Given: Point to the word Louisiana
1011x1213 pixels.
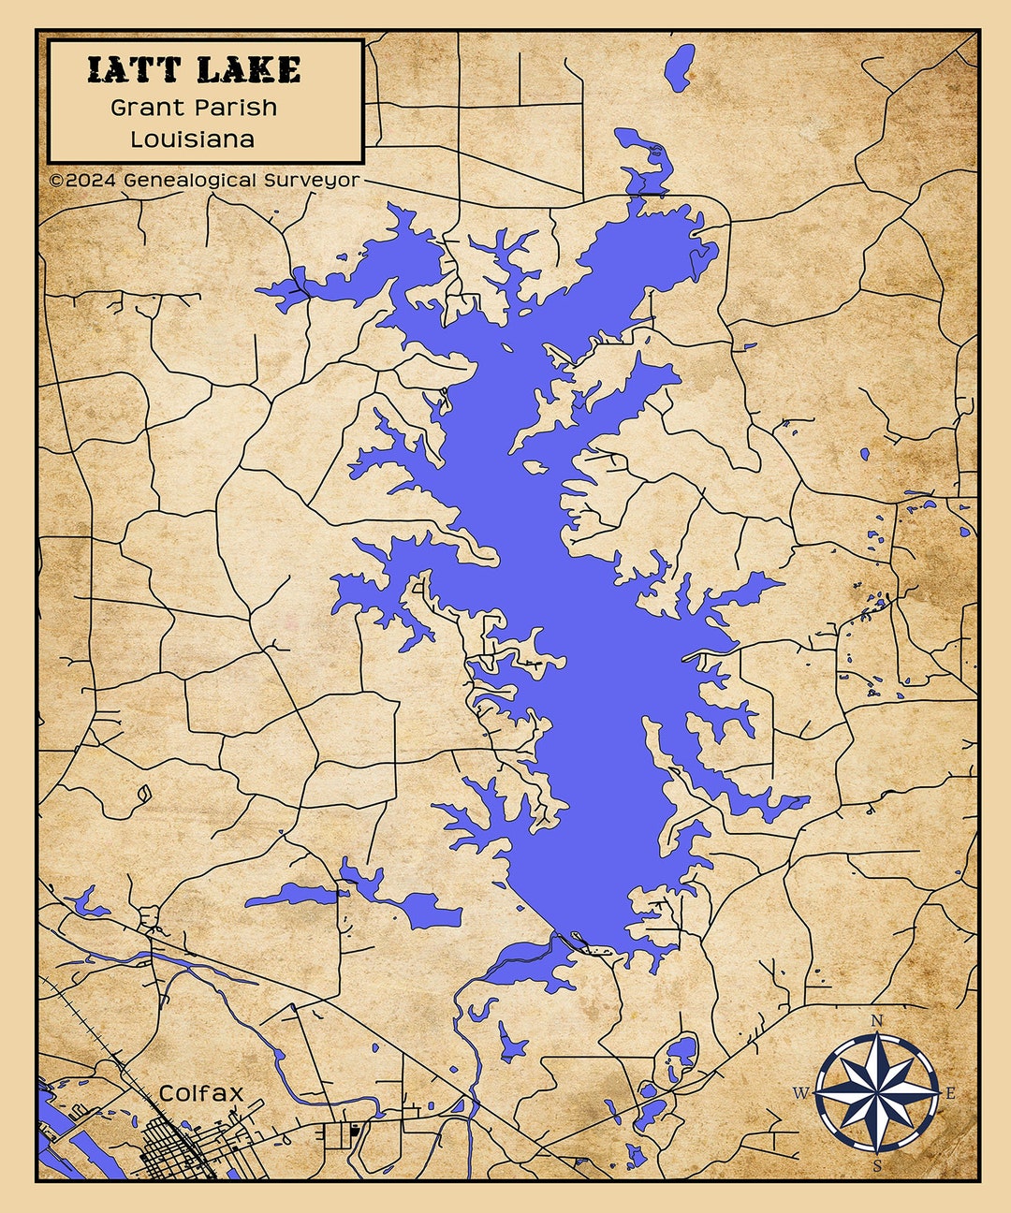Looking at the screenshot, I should [192, 139].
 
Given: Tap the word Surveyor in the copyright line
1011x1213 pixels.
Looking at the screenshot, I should [312, 179].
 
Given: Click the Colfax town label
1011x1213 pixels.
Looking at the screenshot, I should [201, 1093].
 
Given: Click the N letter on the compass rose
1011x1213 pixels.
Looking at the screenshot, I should [877, 1020].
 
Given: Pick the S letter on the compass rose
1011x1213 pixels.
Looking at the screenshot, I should [877, 1165].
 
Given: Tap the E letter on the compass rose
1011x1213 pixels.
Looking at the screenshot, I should [950, 1093].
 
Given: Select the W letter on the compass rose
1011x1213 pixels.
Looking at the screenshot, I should [801, 1092].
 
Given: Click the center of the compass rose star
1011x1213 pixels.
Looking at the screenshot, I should [877, 1092].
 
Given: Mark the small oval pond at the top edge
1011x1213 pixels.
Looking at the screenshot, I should [678, 67].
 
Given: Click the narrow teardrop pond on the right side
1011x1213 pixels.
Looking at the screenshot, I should [865, 454].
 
